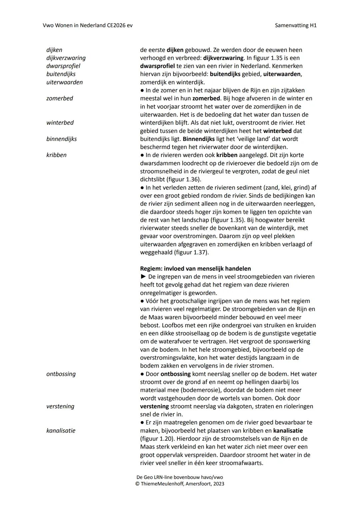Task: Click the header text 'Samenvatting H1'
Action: coord(296,25)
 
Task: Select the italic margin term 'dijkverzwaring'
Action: coord(66,58)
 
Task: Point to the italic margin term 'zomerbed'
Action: coord(60,98)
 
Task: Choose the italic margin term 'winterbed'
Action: coord(60,123)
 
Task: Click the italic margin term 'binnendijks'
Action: coord(62,139)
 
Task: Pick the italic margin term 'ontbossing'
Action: coord(61,374)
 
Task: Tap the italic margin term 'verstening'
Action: coord(60,406)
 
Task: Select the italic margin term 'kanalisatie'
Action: coord(61,430)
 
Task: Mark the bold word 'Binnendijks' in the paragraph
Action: coord(199,139)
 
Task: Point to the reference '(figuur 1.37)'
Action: coord(191,252)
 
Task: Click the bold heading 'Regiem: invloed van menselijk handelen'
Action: coord(195,268)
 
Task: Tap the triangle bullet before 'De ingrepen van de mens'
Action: coord(143,276)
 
